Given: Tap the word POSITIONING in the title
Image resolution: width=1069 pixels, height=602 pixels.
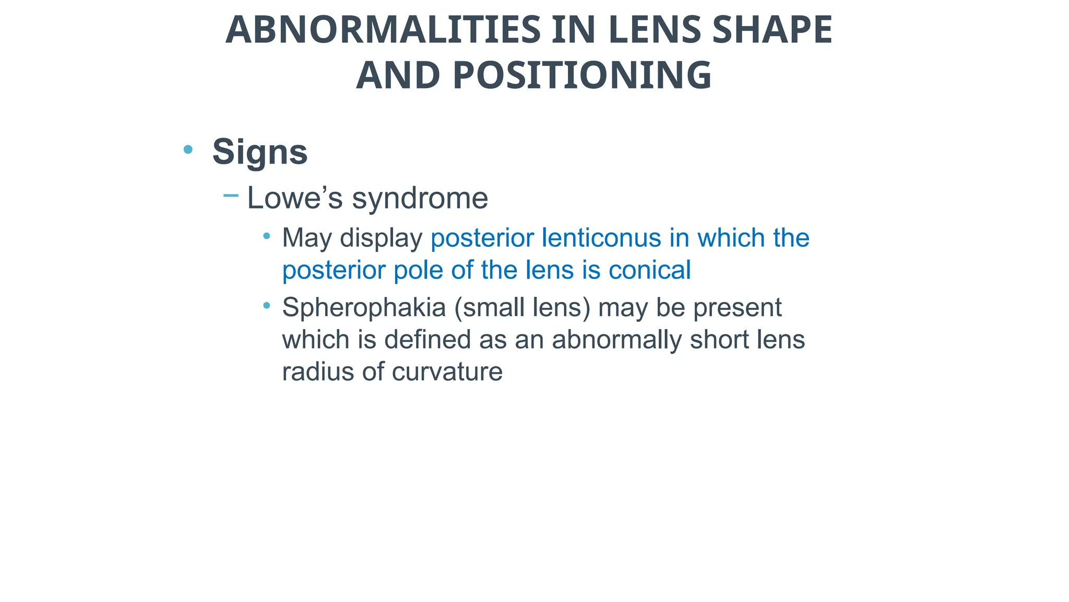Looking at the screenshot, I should coord(582,75).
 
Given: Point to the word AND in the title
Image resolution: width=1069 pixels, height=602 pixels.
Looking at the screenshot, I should coord(398,75).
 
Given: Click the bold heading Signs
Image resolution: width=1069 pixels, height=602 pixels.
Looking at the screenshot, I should coord(260,152).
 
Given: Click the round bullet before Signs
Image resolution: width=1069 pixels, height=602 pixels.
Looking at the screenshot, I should coord(188,150).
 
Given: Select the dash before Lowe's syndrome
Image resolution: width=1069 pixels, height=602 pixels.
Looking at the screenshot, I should coord(231,196).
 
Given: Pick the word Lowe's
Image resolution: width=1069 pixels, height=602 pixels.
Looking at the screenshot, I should coord(295,198).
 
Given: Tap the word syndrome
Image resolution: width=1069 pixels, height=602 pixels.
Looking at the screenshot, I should coord(420,198).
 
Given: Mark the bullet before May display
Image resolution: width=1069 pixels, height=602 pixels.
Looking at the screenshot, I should coord(267,236).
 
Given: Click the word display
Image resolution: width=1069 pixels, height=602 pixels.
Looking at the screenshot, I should coord(381,238).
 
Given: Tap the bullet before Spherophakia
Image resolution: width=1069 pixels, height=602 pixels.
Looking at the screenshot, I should coord(267,305).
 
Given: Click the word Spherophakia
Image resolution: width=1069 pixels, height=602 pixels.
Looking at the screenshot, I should coord(364,308).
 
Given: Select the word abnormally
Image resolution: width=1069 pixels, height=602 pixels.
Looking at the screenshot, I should coord(616,340).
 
